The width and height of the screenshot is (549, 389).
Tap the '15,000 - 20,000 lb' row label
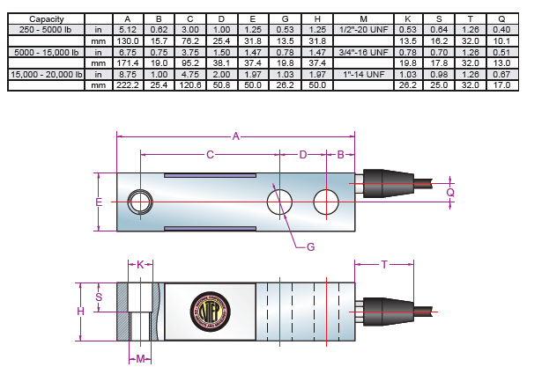tap(45, 75)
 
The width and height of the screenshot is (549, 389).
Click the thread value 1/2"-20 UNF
tap(364, 30)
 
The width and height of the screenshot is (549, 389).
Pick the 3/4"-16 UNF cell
tap(364, 53)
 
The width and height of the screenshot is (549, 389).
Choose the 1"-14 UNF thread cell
tap(364, 75)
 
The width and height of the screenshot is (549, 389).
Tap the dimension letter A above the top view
tap(235, 136)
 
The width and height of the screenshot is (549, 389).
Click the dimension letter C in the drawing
tap(210, 155)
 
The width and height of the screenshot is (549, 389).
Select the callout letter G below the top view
tap(310, 247)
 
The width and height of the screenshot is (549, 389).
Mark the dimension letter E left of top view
tap(99, 202)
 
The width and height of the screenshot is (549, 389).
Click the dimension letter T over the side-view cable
tap(384, 264)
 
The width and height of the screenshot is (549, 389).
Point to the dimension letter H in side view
tap(80, 312)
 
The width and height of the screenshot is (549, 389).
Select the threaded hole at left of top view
tap(139, 202)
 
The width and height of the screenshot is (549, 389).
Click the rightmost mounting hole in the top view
tap(327, 202)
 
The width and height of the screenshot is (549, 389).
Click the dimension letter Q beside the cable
tap(450, 192)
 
